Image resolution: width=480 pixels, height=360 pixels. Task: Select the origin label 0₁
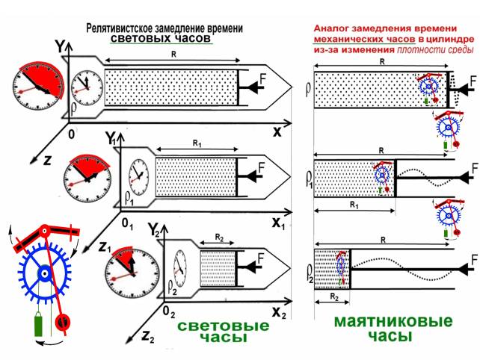point(126,225)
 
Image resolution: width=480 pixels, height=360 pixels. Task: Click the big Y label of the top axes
point(59,46)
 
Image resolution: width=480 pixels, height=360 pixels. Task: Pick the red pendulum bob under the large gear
point(63,323)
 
